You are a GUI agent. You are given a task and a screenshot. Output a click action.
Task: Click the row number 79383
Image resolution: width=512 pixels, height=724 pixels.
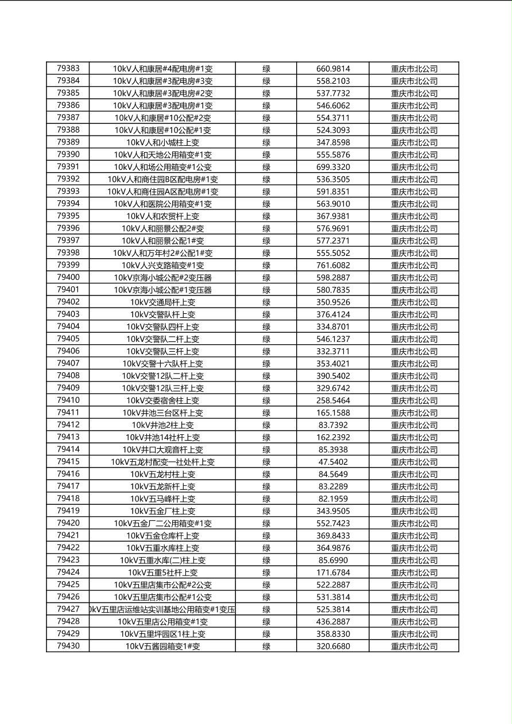tap(68, 69)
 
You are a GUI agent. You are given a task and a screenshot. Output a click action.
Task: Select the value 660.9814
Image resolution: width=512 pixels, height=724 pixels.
tap(333, 69)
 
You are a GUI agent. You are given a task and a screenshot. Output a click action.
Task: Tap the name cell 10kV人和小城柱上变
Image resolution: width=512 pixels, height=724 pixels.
tap(162, 142)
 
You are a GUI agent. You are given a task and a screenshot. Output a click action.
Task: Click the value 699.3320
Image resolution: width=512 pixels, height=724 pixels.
tap(333, 167)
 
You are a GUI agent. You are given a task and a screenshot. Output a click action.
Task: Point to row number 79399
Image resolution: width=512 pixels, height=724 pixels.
tap(68, 265)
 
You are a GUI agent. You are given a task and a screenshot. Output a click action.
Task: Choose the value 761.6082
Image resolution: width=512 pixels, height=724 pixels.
tap(333, 265)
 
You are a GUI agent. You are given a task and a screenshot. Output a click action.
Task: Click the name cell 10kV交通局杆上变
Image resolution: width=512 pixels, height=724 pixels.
tap(162, 302)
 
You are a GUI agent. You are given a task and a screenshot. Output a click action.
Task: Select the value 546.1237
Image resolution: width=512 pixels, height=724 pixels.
tap(333, 339)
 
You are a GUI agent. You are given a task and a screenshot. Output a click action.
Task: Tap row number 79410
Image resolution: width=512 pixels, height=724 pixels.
tap(68, 400)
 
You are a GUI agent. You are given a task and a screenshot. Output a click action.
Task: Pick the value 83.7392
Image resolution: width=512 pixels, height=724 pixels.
tap(333, 425)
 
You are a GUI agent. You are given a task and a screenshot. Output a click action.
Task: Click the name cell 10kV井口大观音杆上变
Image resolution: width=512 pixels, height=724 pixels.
tap(162, 450)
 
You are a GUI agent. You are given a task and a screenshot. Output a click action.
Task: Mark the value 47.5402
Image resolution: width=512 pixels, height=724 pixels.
tap(333, 462)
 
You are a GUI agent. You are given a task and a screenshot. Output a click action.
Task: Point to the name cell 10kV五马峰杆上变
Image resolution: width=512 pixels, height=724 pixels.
tap(162, 499)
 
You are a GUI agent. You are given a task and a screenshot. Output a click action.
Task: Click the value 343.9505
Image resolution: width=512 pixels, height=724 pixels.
tap(333, 511)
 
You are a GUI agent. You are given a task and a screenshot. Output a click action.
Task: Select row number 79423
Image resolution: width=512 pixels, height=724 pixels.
tap(68, 560)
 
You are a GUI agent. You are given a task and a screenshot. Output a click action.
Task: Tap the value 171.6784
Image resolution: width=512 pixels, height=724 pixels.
tap(333, 573)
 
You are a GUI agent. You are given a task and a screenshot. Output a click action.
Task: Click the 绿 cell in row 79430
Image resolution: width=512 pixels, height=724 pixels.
tap(266, 646)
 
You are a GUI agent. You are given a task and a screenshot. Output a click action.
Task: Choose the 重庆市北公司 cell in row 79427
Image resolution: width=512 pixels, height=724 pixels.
tap(414, 609)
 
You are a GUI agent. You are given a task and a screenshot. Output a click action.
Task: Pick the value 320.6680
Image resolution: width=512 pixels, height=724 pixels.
tap(333, 646)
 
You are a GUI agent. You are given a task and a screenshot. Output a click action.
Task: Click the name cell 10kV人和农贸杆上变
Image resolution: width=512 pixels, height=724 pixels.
tap(162, 216)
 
